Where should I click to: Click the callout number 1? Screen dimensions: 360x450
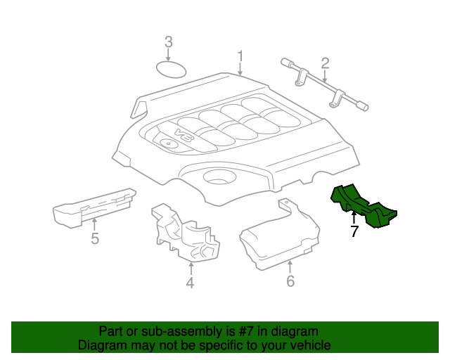coord(240,56)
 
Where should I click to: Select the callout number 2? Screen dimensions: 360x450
coord(325,64)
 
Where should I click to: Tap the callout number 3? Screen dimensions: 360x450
coord(168,42)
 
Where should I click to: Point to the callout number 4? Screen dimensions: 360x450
coord(190,283)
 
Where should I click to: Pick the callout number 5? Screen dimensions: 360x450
coord(95,239)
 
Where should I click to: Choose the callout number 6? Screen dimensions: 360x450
coord(290,282)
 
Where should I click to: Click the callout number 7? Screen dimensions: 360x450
coord(354,231)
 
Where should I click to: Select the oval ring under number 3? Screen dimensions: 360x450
coord(169,70)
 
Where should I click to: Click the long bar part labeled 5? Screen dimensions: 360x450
coord(95,205)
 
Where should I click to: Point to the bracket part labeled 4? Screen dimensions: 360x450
coord(184,233)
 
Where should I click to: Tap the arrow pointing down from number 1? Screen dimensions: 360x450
coord(240,69)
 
